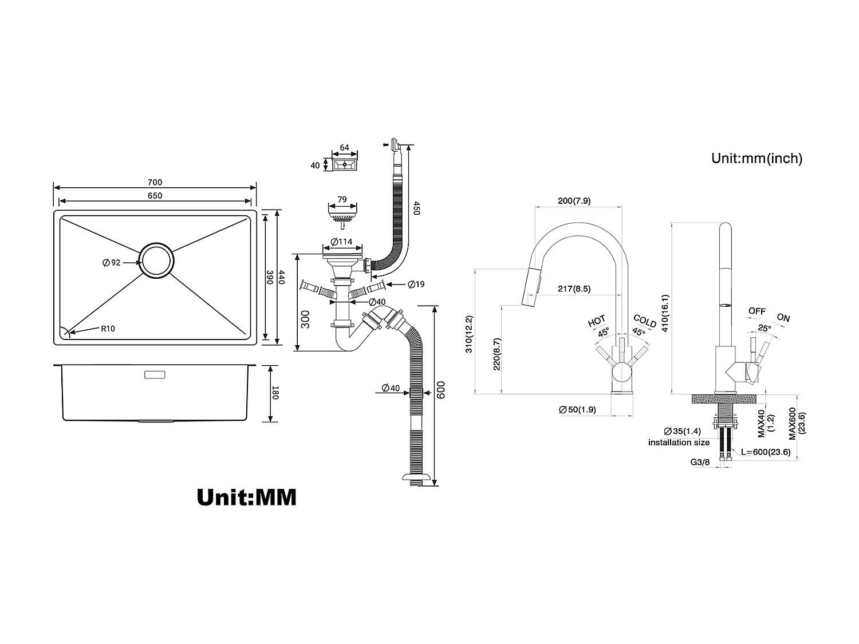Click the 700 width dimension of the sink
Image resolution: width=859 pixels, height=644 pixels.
pyautogui.click(x=155, y=183)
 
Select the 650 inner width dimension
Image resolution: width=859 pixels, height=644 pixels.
pyautogui.click(x=155, y=196)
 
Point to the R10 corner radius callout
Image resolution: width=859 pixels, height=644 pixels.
pyautogui.click(x=108, y=329)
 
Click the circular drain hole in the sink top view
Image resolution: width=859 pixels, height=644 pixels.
pyautogui.click(x=156, y=260)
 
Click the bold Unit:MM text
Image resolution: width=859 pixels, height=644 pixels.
pyautogui.click(x=246, y=497)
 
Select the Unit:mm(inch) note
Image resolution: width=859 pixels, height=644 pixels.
pyautogui.click(x=756, y=159)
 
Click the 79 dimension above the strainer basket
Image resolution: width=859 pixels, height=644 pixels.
pyautogui.click(x=342, y=200)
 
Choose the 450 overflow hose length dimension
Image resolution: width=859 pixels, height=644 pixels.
pyautogui.click(x=417, y=207)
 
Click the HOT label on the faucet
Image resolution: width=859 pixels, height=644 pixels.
pyautogui.click(x=596, y=321)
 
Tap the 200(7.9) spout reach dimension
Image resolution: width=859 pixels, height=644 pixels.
pyautogui.click(x=574, y=200)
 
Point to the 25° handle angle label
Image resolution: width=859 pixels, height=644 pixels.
pyautogui.click(x=764, y=329)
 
